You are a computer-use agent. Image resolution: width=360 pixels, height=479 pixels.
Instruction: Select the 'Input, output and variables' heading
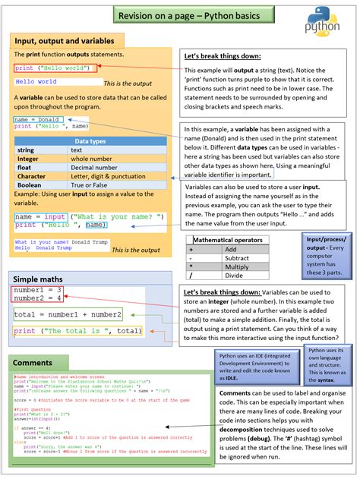pos(65,40)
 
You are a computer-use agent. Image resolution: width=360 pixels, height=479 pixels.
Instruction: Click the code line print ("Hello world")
pos(44,68)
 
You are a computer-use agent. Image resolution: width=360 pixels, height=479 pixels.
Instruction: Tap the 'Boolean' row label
pos(30,184)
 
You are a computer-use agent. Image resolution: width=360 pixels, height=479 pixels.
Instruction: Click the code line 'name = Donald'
pos(38,119)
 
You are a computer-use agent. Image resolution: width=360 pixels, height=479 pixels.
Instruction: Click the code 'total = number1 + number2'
pos(68,314)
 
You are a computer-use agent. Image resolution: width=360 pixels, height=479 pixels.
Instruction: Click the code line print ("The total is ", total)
pos(78,331)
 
